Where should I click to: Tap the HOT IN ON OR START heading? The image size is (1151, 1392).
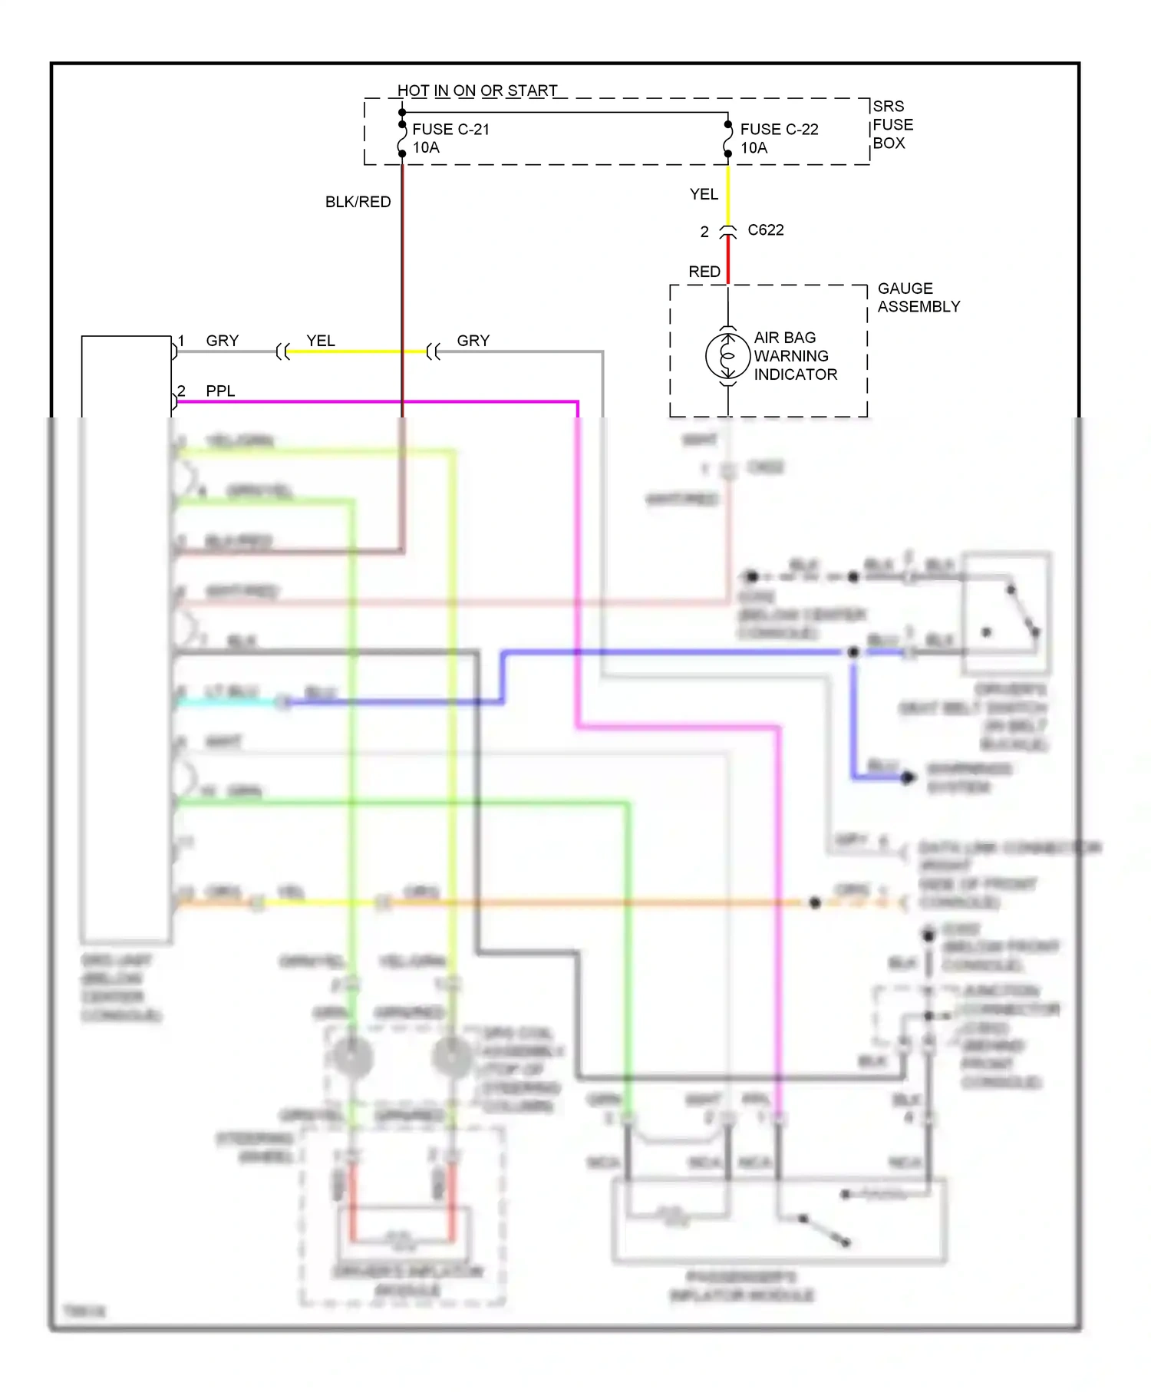(477, 91)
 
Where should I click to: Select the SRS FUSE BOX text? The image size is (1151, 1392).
(892, 124)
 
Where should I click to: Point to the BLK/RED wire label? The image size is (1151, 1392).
(358, 202)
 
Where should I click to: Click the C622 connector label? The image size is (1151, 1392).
(765, 230)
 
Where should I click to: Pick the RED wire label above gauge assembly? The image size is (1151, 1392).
(704, 272)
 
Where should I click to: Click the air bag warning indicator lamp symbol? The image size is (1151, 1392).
(727, 356)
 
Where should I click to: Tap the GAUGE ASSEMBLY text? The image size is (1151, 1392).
(918, 298)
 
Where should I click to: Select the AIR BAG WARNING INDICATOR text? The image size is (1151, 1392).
(795, 356)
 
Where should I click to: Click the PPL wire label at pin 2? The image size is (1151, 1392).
(220, 391)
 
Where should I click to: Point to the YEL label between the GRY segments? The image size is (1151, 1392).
(321, 341)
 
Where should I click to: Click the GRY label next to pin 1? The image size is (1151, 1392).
(223, 341)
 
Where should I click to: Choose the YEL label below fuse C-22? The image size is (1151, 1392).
(704, 194)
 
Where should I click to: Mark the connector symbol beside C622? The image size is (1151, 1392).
(727, 232)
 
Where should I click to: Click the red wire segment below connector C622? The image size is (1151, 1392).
(728, 261)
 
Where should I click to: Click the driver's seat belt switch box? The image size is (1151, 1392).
(1006, 612)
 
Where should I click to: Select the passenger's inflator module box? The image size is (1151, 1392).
(778, 1219)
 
